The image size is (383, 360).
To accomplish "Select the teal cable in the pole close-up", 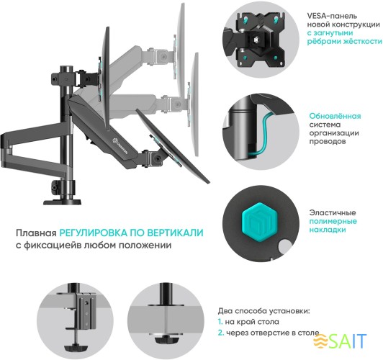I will pyautogui.click(x=263, y=130).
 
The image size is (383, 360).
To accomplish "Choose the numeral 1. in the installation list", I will pyautogui.click(x=221, y=322).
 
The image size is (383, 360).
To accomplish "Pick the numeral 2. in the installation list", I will pyautogui.click(x=221, y=333).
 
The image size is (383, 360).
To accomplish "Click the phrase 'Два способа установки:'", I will pyautogui.click(x=264, y=310).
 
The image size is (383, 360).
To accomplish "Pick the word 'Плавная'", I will pyautogui.click(x=35, y=233).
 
